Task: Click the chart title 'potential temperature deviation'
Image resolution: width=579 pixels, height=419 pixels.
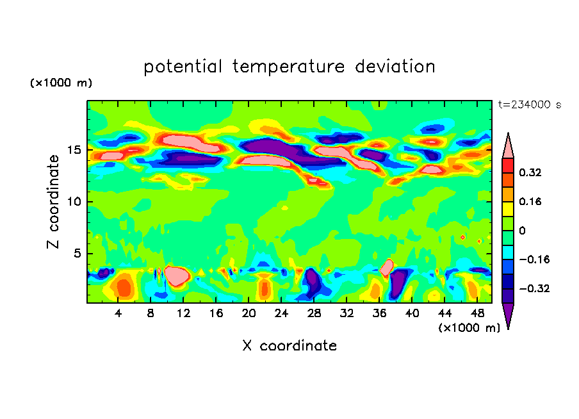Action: pos(289,67)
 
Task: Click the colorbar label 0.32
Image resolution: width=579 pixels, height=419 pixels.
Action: pos(531,172)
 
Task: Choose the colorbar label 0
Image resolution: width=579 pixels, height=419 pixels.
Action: pos(523,231)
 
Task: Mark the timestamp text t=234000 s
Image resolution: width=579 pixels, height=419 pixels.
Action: pos(529,105)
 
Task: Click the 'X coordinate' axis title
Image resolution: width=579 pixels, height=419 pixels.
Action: pos(289,346)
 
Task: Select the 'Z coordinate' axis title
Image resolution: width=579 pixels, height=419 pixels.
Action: pos(54,201)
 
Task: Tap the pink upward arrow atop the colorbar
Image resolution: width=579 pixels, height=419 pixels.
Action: pos(508,145)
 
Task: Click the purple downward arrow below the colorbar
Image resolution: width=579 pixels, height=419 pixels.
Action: pos(508,315)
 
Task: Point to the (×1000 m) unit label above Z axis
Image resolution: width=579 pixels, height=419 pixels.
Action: pos(61,83)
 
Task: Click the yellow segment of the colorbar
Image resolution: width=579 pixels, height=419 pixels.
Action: pos(508,208)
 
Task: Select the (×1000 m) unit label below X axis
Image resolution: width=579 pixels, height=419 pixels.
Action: pos(469,327)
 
